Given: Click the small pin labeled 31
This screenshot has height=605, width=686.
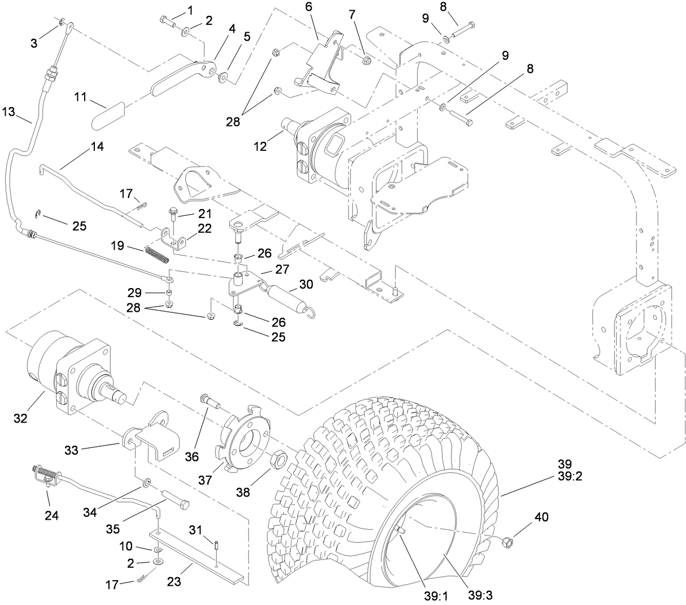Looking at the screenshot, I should (x=217, y=545).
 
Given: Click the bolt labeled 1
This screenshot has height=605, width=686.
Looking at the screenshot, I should (x=168, y=22).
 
